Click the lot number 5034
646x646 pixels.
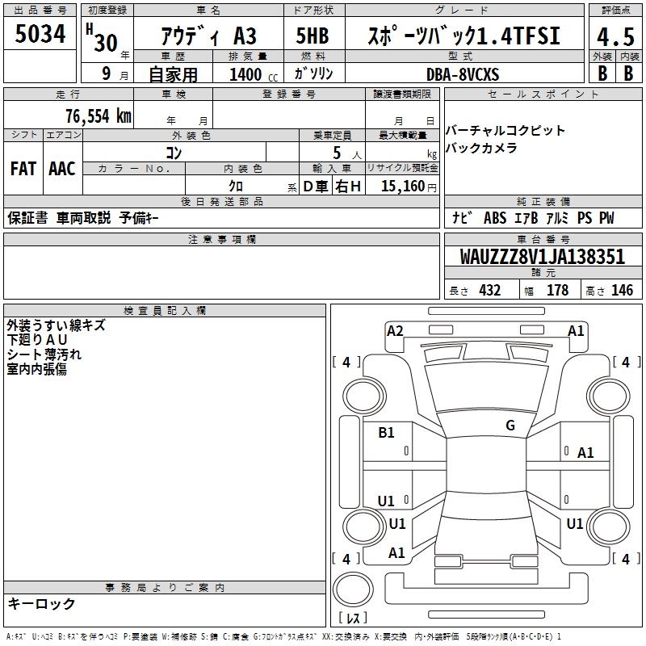[40, 35]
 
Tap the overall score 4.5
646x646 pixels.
[615, 37]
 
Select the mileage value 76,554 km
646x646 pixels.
[98, 115]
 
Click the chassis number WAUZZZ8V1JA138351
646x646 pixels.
[543, 257]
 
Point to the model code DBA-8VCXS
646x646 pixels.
[463, 73]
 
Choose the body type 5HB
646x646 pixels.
[313, 37]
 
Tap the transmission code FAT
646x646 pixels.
[23, 168]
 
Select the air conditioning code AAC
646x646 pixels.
[61, 168]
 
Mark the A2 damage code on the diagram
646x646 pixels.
[395, 330]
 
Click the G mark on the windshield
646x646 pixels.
[510, 426]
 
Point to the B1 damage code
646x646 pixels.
[387, 433]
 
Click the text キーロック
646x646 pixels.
[42, 603]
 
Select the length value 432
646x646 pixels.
[489, 290]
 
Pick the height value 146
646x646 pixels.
[621, 290]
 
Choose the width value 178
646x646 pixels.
[557, 290]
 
